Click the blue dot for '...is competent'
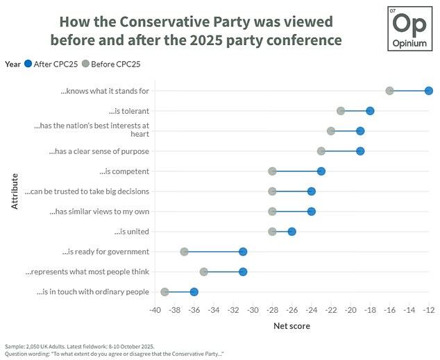point(321,171)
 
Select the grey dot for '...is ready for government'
point(184,252)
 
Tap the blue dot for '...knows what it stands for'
point(429,91)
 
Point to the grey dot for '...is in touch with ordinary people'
point(164,292)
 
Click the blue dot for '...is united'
point(292,232)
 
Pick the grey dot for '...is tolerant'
point(341,111)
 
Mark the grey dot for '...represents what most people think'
point(203,272)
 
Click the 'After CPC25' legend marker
point(28,64)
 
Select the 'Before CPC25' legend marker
point(85,64)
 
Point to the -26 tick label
point(291,309)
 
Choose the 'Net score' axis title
point(291,325)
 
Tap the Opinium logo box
point(409,27)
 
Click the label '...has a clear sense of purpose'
point(99,151)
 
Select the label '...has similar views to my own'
point(99,212)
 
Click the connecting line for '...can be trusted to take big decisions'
point(291,191)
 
